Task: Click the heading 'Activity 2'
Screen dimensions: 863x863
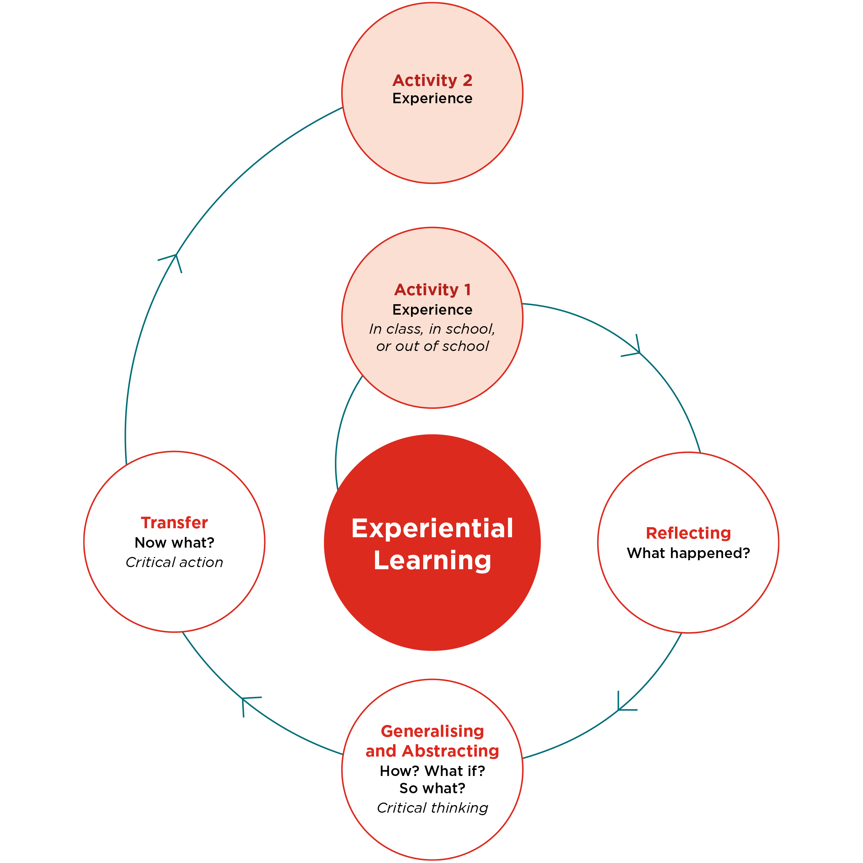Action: [432, 81]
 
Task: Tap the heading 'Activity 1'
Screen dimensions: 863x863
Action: [432, 289]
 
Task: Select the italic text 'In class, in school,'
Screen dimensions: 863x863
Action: [432, 329]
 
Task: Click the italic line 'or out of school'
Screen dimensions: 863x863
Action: [432, 346]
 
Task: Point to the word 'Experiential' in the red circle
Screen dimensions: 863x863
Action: [432, 529]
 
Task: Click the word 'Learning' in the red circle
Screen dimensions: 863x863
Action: [432, 560]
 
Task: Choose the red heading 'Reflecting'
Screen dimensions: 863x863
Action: [688, 533]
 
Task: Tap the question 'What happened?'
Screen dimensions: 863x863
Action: [688, 553]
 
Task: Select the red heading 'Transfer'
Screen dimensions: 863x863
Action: [174, 522]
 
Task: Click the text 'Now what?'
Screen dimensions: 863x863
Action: [174, 542]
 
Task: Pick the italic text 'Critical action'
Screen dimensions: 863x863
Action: [174, 562]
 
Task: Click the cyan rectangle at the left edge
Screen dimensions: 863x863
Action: [41, 320]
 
